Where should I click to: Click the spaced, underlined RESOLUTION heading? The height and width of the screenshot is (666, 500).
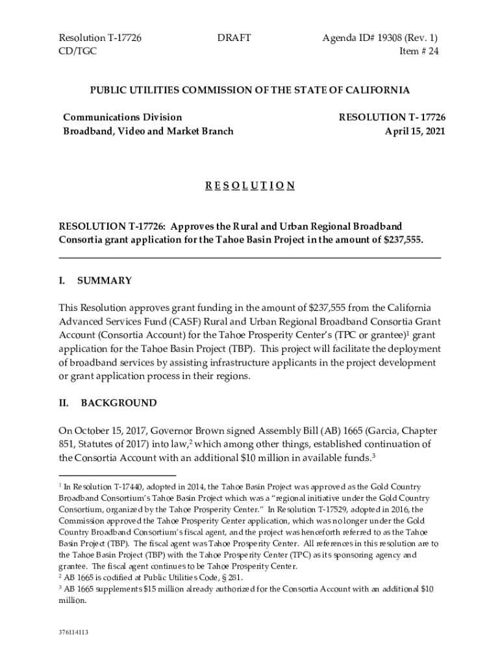[250, 186]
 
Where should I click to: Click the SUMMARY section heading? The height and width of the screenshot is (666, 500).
[105, 281]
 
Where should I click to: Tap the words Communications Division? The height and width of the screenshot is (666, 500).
[123, 117]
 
